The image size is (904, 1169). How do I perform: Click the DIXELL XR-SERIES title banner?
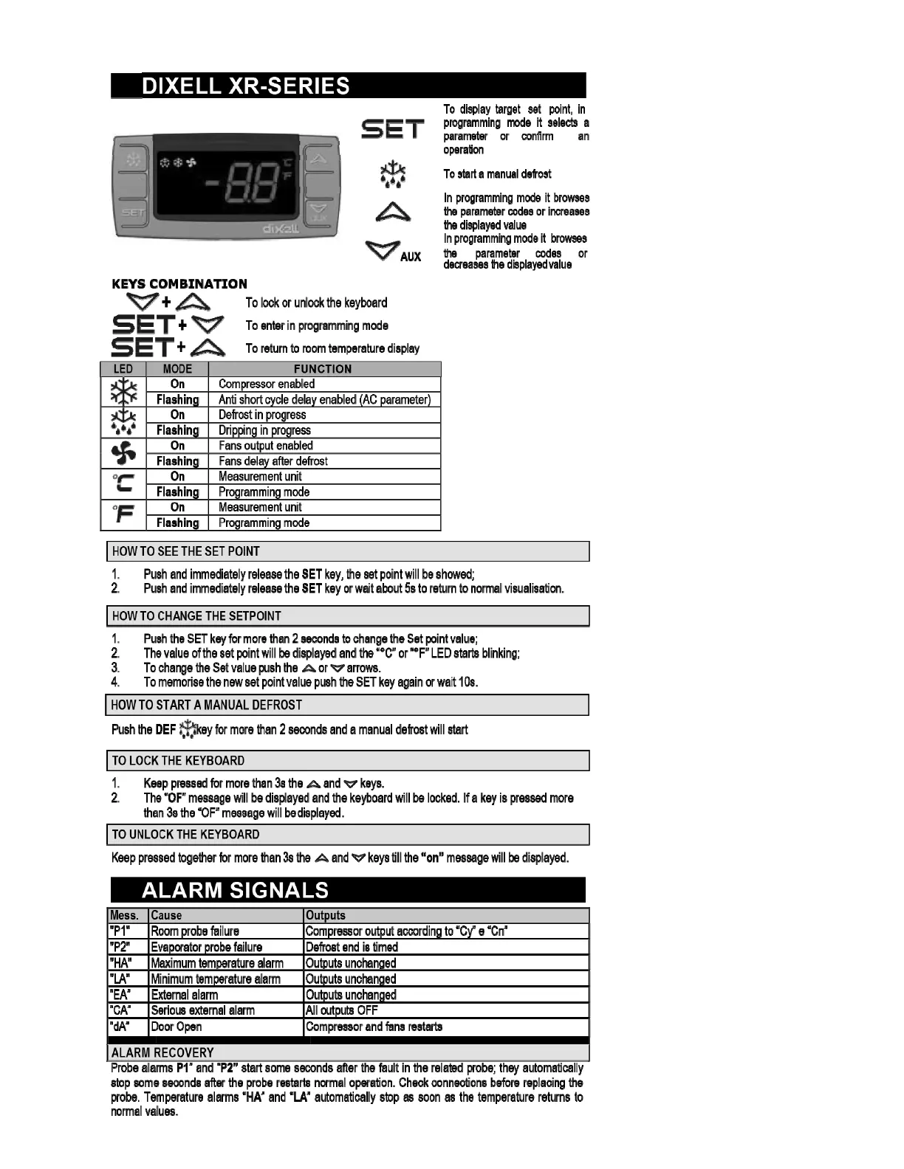click(348, 86)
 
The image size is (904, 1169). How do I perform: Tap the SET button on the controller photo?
click(133, 213)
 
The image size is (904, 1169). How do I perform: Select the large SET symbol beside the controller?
click(392, 129)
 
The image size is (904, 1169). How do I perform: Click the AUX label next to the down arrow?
click(411, 257)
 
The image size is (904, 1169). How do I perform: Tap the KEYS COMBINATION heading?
click(179, 284)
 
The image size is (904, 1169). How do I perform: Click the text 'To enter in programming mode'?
click(317, 325)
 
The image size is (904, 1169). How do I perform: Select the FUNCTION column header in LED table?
click(323, 369)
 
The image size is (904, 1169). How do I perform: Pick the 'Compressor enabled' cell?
click(267, 384)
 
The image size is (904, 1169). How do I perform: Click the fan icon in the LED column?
click(123, 453)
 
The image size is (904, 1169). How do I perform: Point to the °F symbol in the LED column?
click(123, 514)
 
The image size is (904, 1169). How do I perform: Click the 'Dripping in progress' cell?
click(264, 430)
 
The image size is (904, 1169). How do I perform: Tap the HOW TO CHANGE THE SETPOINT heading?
click(196, 616)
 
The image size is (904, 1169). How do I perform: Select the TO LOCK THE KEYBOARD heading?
click(178, 761)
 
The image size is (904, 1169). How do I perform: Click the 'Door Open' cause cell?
click(177, 1027)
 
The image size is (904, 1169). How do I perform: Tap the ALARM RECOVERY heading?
click(162, 1052)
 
